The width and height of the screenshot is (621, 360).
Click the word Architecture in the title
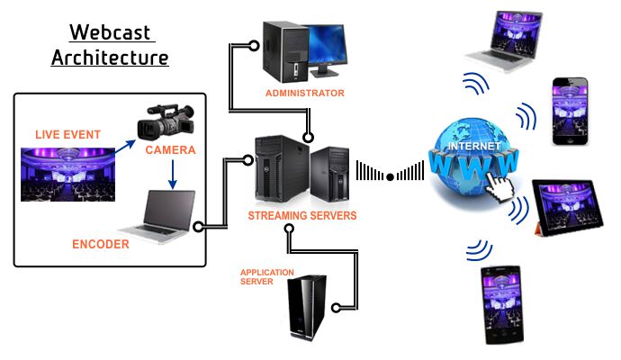click(110, 58)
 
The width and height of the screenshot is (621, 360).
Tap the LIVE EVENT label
click(68, 135)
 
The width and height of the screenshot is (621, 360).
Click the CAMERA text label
click(170, 149)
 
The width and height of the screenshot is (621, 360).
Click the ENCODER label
click(101, 244)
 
